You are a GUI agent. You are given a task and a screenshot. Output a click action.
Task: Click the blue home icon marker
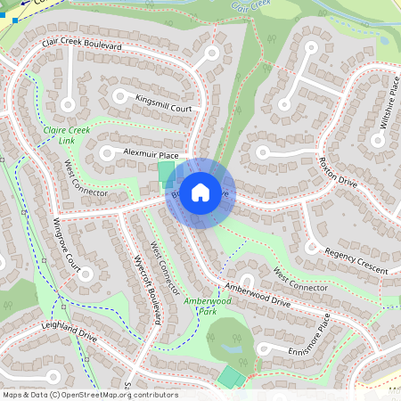tap(200, 192)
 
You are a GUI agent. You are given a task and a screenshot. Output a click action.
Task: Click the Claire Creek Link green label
tap(66, 135)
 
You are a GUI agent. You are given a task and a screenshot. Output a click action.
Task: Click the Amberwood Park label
tap(207, 307)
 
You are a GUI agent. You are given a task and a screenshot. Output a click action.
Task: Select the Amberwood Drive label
tap(258, 294)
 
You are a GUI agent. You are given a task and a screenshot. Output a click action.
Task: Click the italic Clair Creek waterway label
tap(250, 6)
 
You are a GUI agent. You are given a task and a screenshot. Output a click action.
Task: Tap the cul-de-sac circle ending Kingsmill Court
tap(119, 94)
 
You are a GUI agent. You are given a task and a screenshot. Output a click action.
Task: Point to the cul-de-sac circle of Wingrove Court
tap(86, 274)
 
